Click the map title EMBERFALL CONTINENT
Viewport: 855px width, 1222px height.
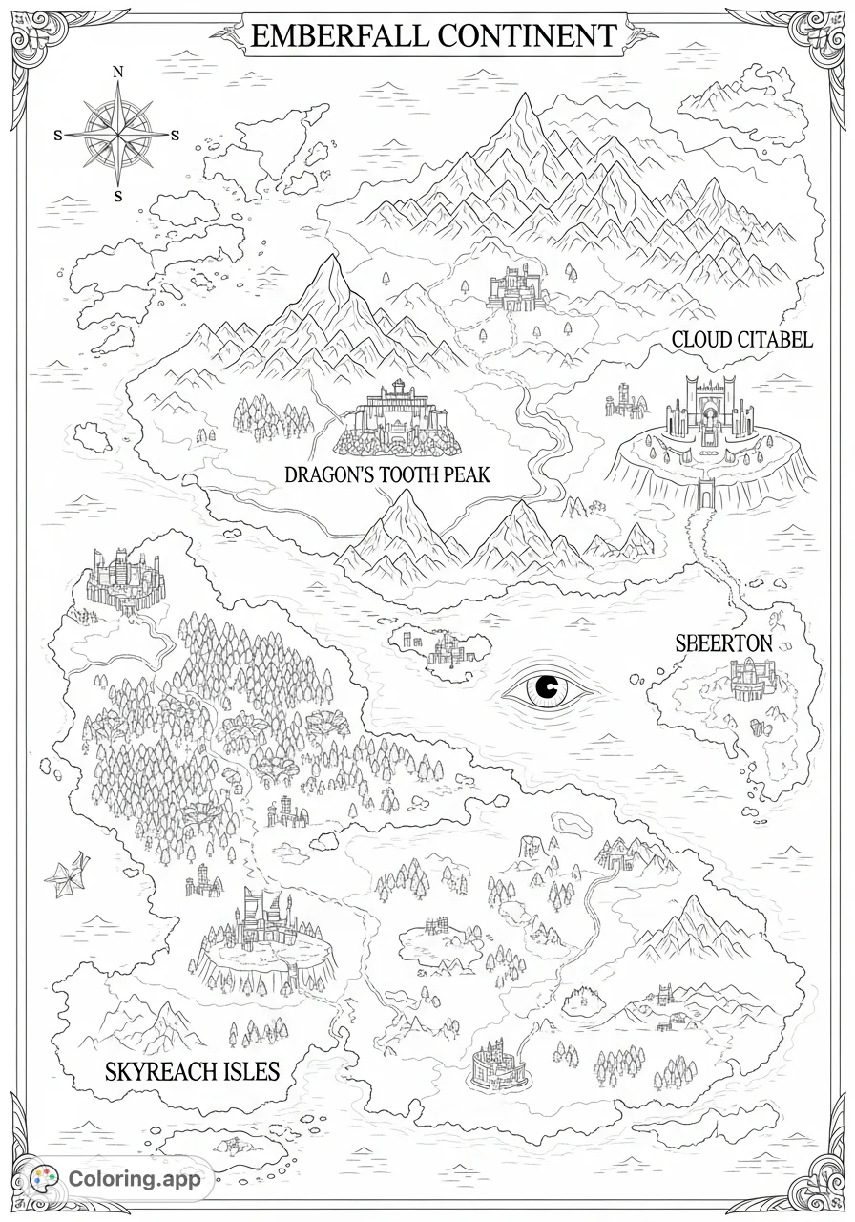(x=432, y=36)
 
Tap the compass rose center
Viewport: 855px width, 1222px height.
(x=118, y=135)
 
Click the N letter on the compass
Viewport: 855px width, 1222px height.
(x=118, y=72)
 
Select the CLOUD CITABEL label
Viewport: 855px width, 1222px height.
(x=741, y=340)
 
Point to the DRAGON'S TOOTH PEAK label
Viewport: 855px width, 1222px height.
(x=386, y=474)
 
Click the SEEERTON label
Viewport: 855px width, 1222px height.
(x=723, y=643)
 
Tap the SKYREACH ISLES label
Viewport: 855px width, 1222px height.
(x=192, y=1071)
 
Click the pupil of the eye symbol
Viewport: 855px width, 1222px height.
(x=548, y=686)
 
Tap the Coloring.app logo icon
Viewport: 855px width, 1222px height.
(x=44, y=1178)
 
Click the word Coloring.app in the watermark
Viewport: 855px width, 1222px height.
(x=135, y=1179)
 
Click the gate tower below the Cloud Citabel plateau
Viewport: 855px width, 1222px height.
(x=707, y=492)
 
